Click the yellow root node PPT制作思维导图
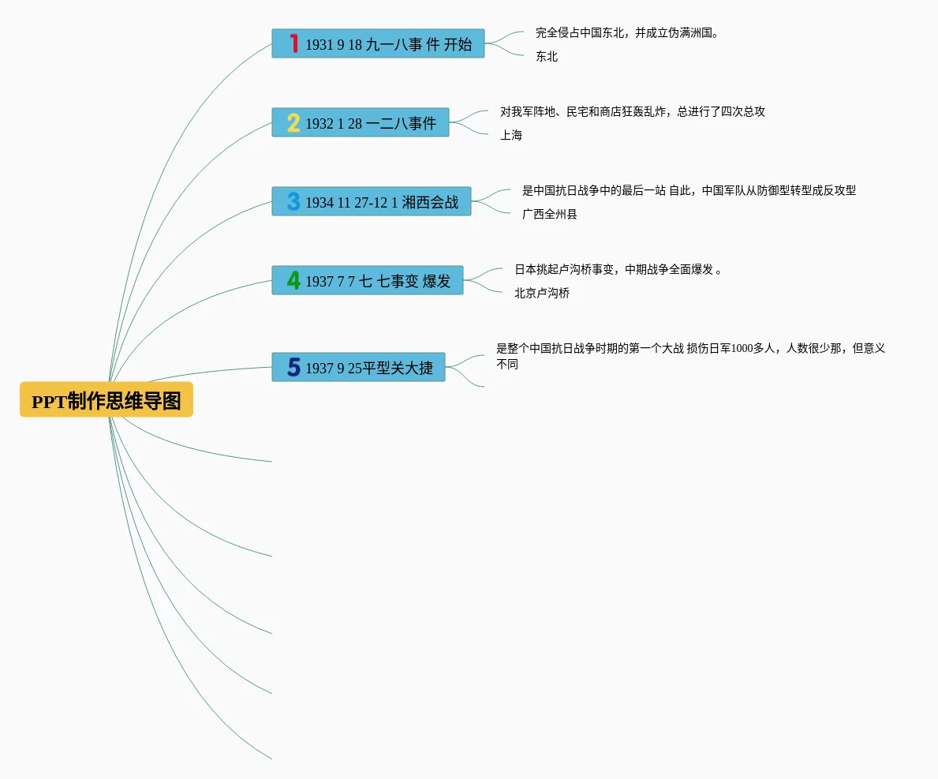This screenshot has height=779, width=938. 107,401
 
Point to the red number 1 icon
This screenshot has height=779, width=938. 293,43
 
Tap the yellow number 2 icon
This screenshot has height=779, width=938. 293,122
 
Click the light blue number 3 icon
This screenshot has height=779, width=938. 293,201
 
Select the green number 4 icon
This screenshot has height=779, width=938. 293,280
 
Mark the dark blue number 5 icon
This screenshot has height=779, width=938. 293,367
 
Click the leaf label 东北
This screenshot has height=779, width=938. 546,57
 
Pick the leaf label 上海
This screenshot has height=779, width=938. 510,136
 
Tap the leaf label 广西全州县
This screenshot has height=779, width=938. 549,215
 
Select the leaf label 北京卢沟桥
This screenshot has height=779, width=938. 541,294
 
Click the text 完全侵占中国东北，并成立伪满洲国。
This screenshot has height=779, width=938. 627,33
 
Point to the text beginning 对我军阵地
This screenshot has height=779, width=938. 632,112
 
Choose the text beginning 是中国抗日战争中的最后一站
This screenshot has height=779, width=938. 689,191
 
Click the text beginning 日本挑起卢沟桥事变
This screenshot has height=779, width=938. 618,270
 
